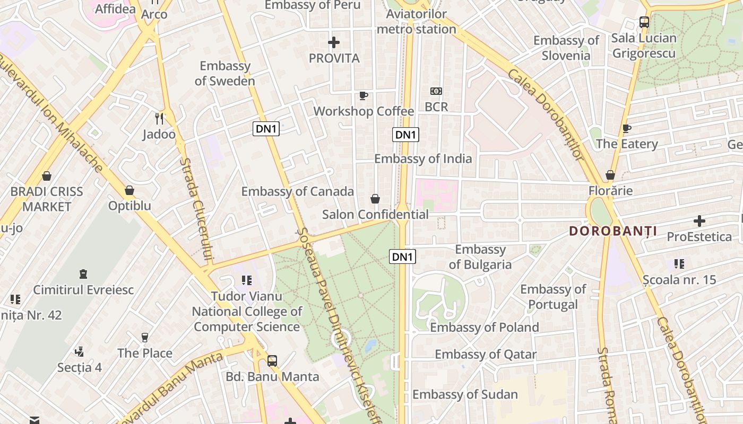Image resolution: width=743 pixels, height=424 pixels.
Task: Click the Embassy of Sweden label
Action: coord(224,74)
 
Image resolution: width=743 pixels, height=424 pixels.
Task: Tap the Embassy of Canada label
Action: coord(297,191)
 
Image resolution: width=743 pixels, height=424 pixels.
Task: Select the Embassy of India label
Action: coord(423,158)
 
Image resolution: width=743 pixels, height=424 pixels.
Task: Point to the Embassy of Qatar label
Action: coord(486,354)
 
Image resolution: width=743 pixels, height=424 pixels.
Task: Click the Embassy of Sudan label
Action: coord(465,394)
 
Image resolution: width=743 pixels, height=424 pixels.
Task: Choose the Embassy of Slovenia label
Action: coord(566,48)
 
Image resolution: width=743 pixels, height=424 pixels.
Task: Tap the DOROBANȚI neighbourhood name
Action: coord(613,231)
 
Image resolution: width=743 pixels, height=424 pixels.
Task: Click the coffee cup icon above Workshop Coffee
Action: coord(363,95)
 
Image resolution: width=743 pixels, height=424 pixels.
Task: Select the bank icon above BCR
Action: coord(436,91)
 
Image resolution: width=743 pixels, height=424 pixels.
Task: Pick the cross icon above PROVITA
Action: coord(334,42)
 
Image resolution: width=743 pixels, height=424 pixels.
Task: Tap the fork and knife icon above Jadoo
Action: coord(159,118)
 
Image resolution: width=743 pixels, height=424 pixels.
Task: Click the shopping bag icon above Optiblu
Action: coord(129,190)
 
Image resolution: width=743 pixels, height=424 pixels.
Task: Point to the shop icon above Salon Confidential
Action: coord(375,199)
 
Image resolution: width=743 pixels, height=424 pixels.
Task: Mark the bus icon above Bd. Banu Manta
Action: coord(272,361)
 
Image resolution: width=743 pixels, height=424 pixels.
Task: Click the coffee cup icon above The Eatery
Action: coord(627,128)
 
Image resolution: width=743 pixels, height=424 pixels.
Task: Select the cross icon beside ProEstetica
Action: coord(699,220)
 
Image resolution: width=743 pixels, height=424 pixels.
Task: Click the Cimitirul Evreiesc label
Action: coord(83,290)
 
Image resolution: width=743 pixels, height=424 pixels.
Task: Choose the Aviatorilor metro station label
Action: coord(416,22)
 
